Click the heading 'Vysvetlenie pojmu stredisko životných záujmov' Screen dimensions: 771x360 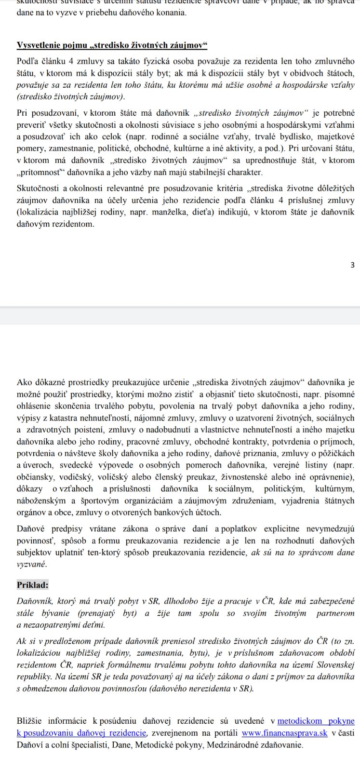point(112,45)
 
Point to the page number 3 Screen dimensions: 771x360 point(352,265)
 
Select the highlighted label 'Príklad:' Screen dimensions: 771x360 point(33,585)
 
